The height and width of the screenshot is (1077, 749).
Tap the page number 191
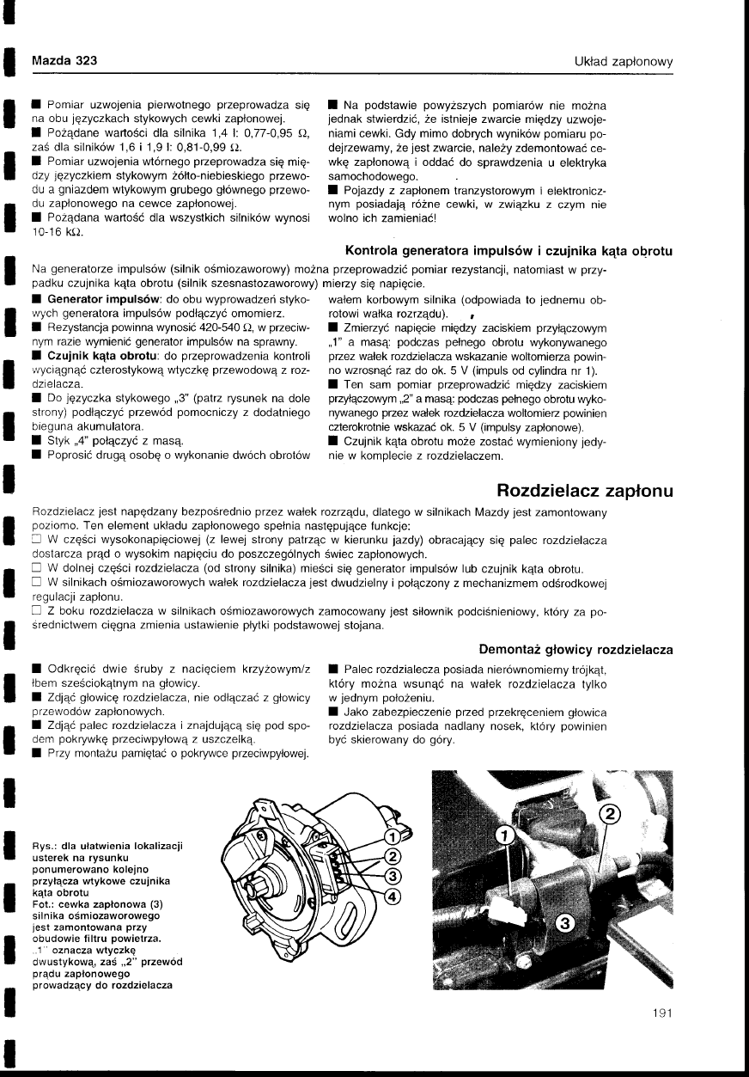pyautogui.click(x=661, y=1013)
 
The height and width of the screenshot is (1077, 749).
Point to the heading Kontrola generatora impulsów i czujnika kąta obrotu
pyautogui.click(x=508, y=251)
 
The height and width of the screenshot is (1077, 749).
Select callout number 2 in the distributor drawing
pyautogui.click(x=391, y=856)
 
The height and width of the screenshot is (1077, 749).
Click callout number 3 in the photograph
pyautogui.click(x=564, y=924)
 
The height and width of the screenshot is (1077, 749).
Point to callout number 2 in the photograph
pyautogui.click(x=608, y=817)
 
